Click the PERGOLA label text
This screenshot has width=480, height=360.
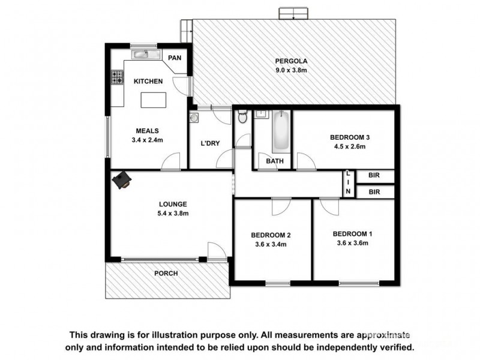[291, 61]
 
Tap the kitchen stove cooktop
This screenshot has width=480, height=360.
[116, 77]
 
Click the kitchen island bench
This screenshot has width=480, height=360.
[152, 100]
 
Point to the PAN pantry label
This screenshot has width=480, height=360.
[175, 58]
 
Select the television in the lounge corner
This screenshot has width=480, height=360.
[124, 179]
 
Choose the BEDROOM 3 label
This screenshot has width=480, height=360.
[350, 137]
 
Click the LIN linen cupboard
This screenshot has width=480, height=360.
[347, 183]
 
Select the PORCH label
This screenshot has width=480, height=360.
[166, 273]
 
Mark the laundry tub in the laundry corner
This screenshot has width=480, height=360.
[194, 117]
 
